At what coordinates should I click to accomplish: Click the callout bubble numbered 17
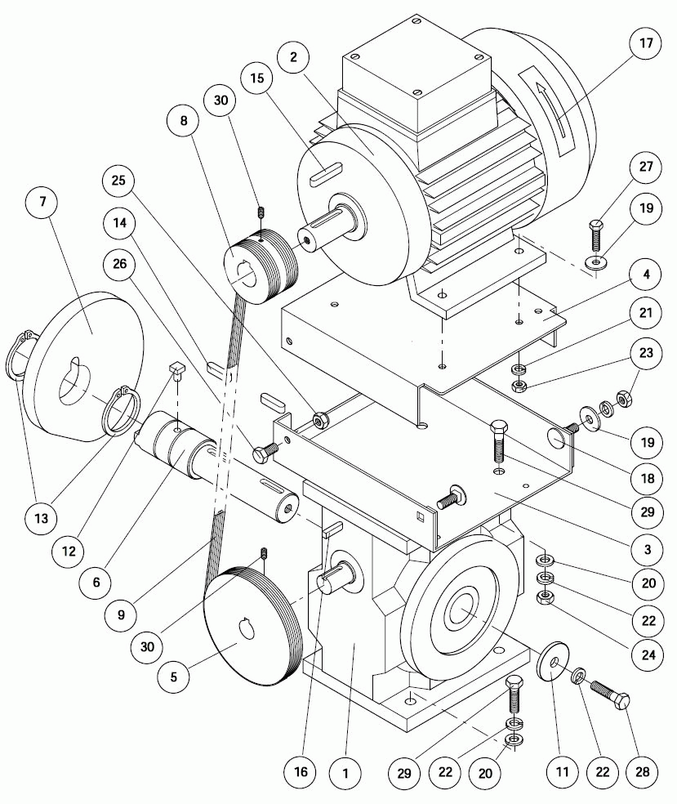(x=646, y=43)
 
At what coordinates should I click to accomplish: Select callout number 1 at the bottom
(x=345, y=771)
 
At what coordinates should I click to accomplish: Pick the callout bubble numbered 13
(x=42, y=517)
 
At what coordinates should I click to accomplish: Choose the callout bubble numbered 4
(x=646, y=275)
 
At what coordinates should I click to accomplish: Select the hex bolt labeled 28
(x=609, y=695)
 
